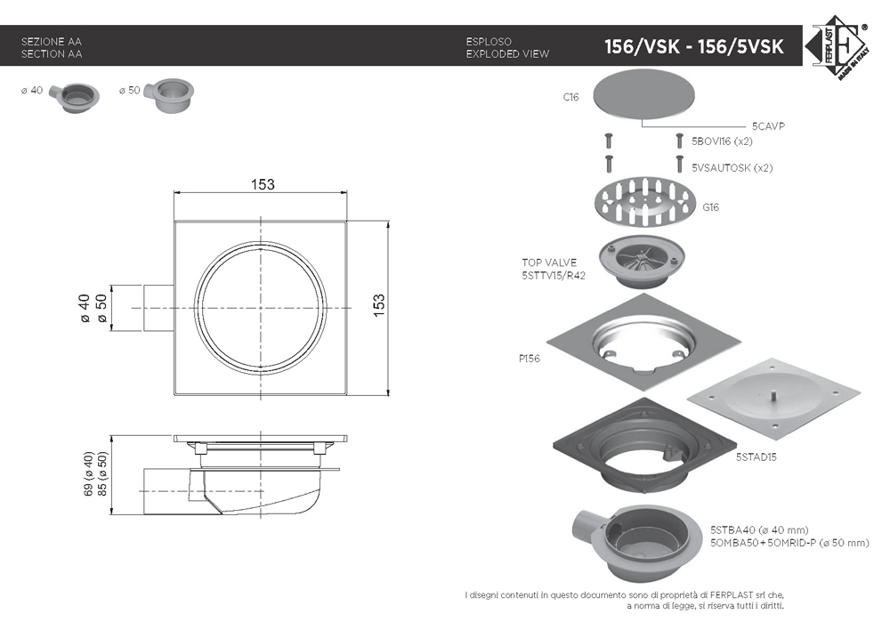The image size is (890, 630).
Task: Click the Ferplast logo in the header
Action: (837, 48)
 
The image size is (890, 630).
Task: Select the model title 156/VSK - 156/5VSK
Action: (693, 46)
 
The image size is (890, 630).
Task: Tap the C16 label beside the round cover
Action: (571, 97)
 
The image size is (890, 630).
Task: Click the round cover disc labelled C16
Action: (643, 94)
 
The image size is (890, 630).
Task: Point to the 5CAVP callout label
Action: (768, 126)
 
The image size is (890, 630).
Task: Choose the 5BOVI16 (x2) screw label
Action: (722, 141)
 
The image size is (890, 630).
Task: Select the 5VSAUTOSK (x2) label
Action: (732, 168)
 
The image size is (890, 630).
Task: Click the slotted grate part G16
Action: (644, 200)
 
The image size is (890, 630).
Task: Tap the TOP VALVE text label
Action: (549, 262)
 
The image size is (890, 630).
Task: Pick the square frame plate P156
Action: (643, 343)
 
